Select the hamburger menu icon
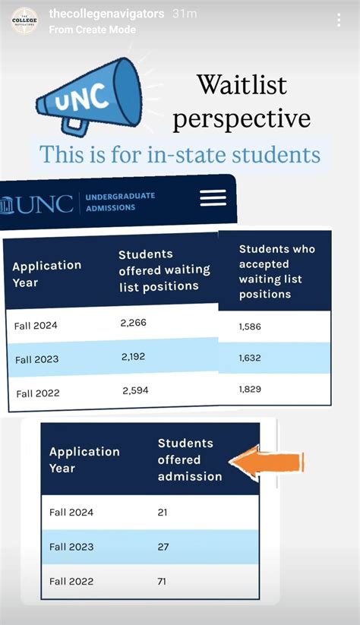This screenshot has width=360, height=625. (213, 197)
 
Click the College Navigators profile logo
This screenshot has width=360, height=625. (24, 20)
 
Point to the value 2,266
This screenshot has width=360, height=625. (133, 323)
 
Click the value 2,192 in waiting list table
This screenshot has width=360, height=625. (133, 356)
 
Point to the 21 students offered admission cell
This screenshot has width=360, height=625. (163, 513)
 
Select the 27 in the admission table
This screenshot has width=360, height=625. (163, 547)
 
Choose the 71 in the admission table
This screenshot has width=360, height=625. (163, 581)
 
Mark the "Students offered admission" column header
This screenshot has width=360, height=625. (190, 459)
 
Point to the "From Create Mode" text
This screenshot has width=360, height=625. (92, 30)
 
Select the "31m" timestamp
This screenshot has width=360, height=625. (185, 14)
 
